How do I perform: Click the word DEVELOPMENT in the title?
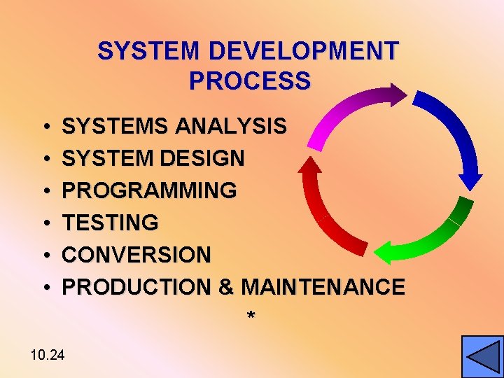point(304,51)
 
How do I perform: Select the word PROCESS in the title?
point(249,81)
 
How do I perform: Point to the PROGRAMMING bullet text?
point(150,190)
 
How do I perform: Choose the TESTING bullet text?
point(111,223)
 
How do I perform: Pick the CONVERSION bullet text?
point(136,255)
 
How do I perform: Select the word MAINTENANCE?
point(323,287)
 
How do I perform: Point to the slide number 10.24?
point(48,356)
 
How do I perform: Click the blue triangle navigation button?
point(482,357)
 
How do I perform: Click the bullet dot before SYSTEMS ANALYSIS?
point(44,127)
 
